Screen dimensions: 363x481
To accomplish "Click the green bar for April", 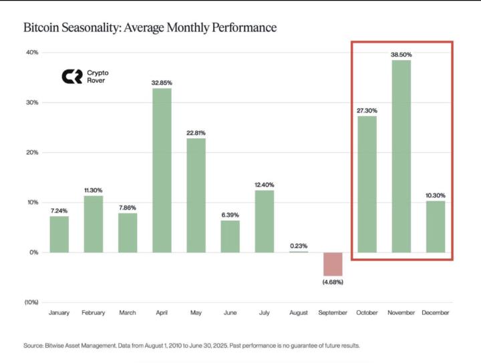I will coord(162,170).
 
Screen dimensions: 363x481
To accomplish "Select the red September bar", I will coord(333,264).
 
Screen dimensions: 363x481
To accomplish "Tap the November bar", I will coord(402,156).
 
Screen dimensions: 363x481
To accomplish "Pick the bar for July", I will coord(265,221).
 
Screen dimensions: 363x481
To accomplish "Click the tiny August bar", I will coord(299,252).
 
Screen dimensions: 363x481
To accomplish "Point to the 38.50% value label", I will coord(402,54).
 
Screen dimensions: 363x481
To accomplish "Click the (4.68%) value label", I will coord(333,283).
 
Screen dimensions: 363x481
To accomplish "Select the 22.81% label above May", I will coord(196,133).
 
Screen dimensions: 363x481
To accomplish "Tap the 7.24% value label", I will coord(59,210).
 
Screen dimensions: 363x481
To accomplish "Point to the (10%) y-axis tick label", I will coord(30,302).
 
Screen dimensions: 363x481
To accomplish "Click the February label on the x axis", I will coord(94,312).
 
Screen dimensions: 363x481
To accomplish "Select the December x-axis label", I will coord(436,312).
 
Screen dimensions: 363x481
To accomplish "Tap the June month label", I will coord(230,312).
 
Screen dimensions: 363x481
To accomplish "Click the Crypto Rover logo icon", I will coord(71,77).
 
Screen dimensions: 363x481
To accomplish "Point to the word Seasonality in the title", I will coord(98,28).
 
